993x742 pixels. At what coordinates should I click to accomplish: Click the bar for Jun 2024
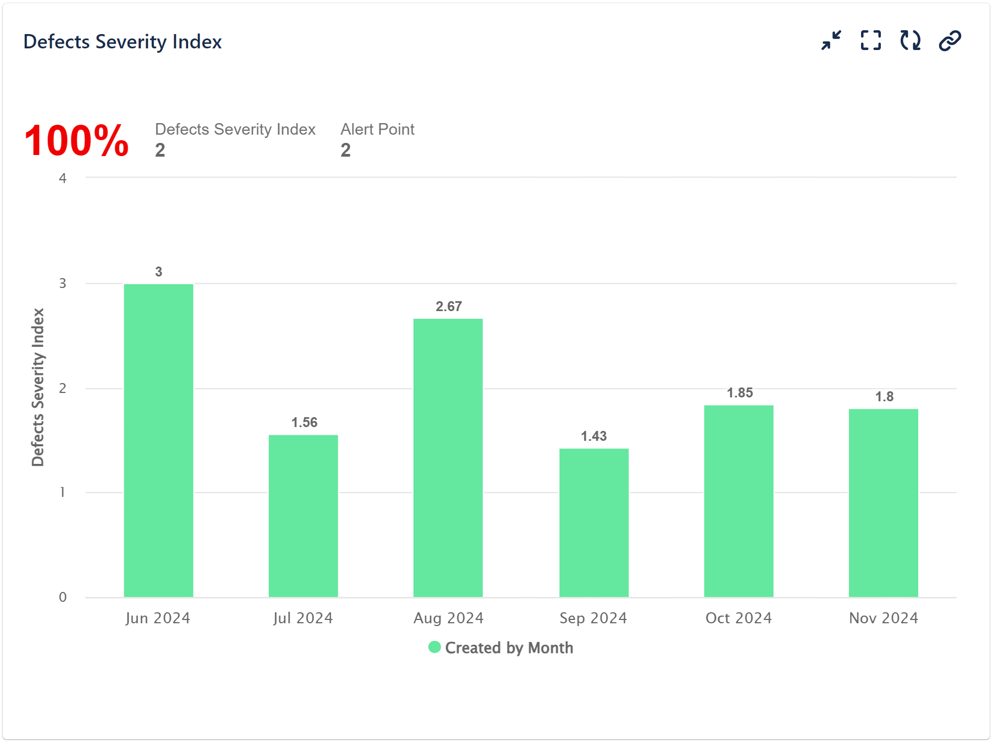point(158,440)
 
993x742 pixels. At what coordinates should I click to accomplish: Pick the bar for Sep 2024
point(594,522)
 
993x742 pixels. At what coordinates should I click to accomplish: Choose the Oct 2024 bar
point(738,500)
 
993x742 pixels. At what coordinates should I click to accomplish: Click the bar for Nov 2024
point(883,502)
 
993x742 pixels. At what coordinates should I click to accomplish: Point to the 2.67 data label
point(449,307)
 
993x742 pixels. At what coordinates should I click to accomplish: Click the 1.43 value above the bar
point(594,436)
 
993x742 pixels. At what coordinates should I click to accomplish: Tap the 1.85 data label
point(740,393)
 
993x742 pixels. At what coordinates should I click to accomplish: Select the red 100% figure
point(76,141)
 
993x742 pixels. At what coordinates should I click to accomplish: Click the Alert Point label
point(377,129)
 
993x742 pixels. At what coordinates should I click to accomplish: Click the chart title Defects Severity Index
point(123,42)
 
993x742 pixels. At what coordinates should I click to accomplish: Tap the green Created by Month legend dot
point(434,647)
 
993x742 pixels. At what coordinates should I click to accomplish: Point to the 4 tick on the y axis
point(63,178)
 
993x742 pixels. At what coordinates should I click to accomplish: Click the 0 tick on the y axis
point(63,597)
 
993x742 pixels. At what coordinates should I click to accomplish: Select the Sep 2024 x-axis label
point(593,618)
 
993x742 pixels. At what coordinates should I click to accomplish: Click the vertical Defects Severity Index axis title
point(37,387)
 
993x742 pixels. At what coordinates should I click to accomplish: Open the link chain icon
point(950,41)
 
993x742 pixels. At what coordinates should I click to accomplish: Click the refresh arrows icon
point(910,41)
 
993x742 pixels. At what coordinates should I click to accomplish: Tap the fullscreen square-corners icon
point(870,41)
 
